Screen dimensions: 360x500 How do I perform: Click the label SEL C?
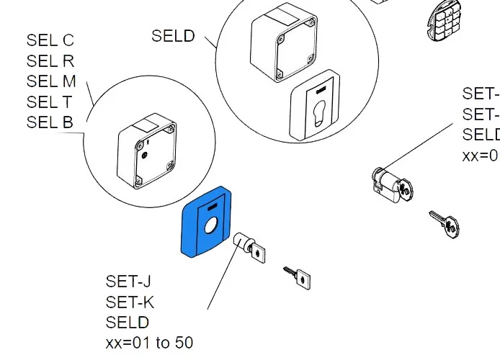(x=50, y=41)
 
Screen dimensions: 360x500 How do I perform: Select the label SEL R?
(x=50, y=62)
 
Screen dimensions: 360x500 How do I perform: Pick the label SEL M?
(x=50, y=82)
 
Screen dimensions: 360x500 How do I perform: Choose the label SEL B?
(x=50, y=122)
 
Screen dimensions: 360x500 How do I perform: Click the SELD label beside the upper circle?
(x=173, y=36)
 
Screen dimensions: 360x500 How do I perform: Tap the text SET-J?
(x=129, y=282)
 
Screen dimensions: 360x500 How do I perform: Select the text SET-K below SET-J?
(x=130, y=302)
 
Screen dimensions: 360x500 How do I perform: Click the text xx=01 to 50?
(x=149, y=343)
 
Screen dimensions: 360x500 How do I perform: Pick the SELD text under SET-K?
(x=128, y=322)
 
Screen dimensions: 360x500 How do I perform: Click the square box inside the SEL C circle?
(x=146, y=152)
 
